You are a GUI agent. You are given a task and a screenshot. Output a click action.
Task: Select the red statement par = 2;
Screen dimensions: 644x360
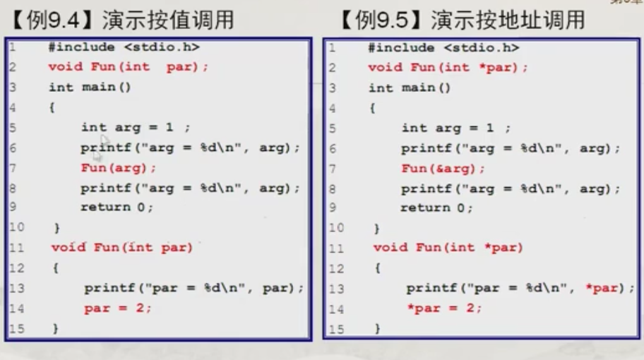pyautogui.click(x=117, y=308)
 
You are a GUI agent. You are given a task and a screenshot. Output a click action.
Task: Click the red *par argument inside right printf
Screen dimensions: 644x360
pyautogui.click(x=603, y=288)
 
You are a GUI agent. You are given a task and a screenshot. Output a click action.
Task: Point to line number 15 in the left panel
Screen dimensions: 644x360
pyautogui.click(x=15, y=328)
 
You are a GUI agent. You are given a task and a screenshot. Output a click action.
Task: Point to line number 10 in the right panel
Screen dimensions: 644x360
pyautogui.click(x=336, y=228)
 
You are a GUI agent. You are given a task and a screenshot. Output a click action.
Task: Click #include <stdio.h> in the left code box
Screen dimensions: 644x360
pyautogui.click(x=124, y=47)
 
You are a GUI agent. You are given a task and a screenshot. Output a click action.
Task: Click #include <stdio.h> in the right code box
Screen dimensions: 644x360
pyautogui.click(x=443, y=47)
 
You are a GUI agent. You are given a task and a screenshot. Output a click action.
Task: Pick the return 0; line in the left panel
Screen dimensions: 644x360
pyautogui.click(x=117, y=208)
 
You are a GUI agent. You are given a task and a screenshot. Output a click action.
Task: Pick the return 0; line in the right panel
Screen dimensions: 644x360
pyautogui.click(x=436, y=208)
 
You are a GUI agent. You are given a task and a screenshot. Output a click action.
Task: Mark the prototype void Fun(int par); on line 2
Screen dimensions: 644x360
pyautogui.click(x=129, y=68)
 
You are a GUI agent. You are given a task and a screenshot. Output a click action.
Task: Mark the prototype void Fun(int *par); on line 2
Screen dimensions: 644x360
pyautogui.click(x=448, y=68)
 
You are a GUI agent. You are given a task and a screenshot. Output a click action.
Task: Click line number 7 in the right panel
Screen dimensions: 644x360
pyautogui.click(x=333, y=168)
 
